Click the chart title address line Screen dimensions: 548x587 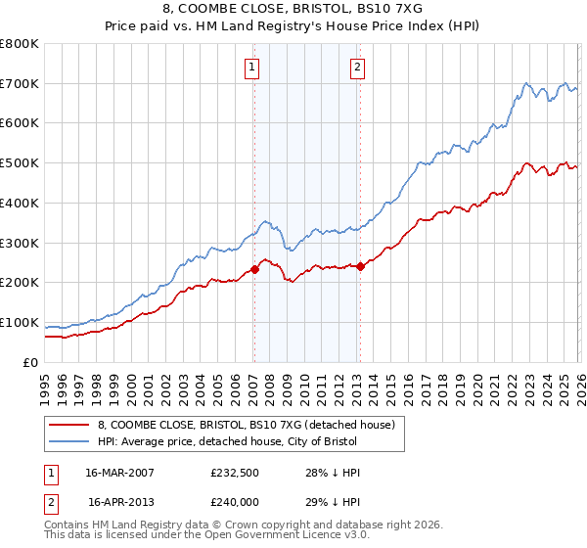click(x=293, y=9)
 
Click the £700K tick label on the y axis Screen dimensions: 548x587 click(x=20, y=84)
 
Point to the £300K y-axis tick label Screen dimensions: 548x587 click(x=20, y=243)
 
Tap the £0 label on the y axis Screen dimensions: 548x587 click(x=31, y=362)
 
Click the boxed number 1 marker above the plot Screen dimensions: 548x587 click(x=252, y=68)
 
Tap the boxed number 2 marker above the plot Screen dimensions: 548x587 click(x=358, y=68)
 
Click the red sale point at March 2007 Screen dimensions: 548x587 click(x=254, y=269)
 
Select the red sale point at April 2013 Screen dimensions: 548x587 click(x=360, y=266)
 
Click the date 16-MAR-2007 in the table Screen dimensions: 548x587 click(x=120, y=473)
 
